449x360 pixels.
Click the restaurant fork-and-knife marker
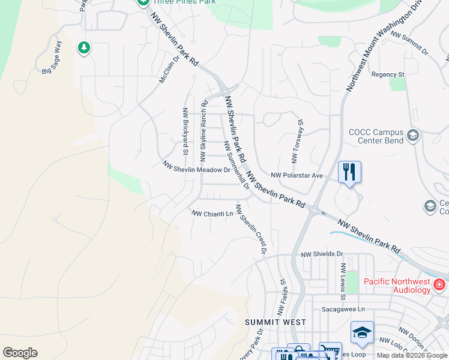click(349, 173)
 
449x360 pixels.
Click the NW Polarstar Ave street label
click(297, 175)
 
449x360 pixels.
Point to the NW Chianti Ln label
click(212, 214)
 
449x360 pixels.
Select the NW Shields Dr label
click(322, 254)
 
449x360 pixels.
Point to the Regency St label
click(388, 74)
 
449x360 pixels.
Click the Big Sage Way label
click(52, 62)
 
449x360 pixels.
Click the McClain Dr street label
click(169, 71)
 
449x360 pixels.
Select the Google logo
click(20, 353)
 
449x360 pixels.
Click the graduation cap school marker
click(362, 333)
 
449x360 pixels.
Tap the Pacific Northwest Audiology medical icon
click(439, 284)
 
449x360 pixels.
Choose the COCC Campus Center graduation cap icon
click(412, 136)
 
